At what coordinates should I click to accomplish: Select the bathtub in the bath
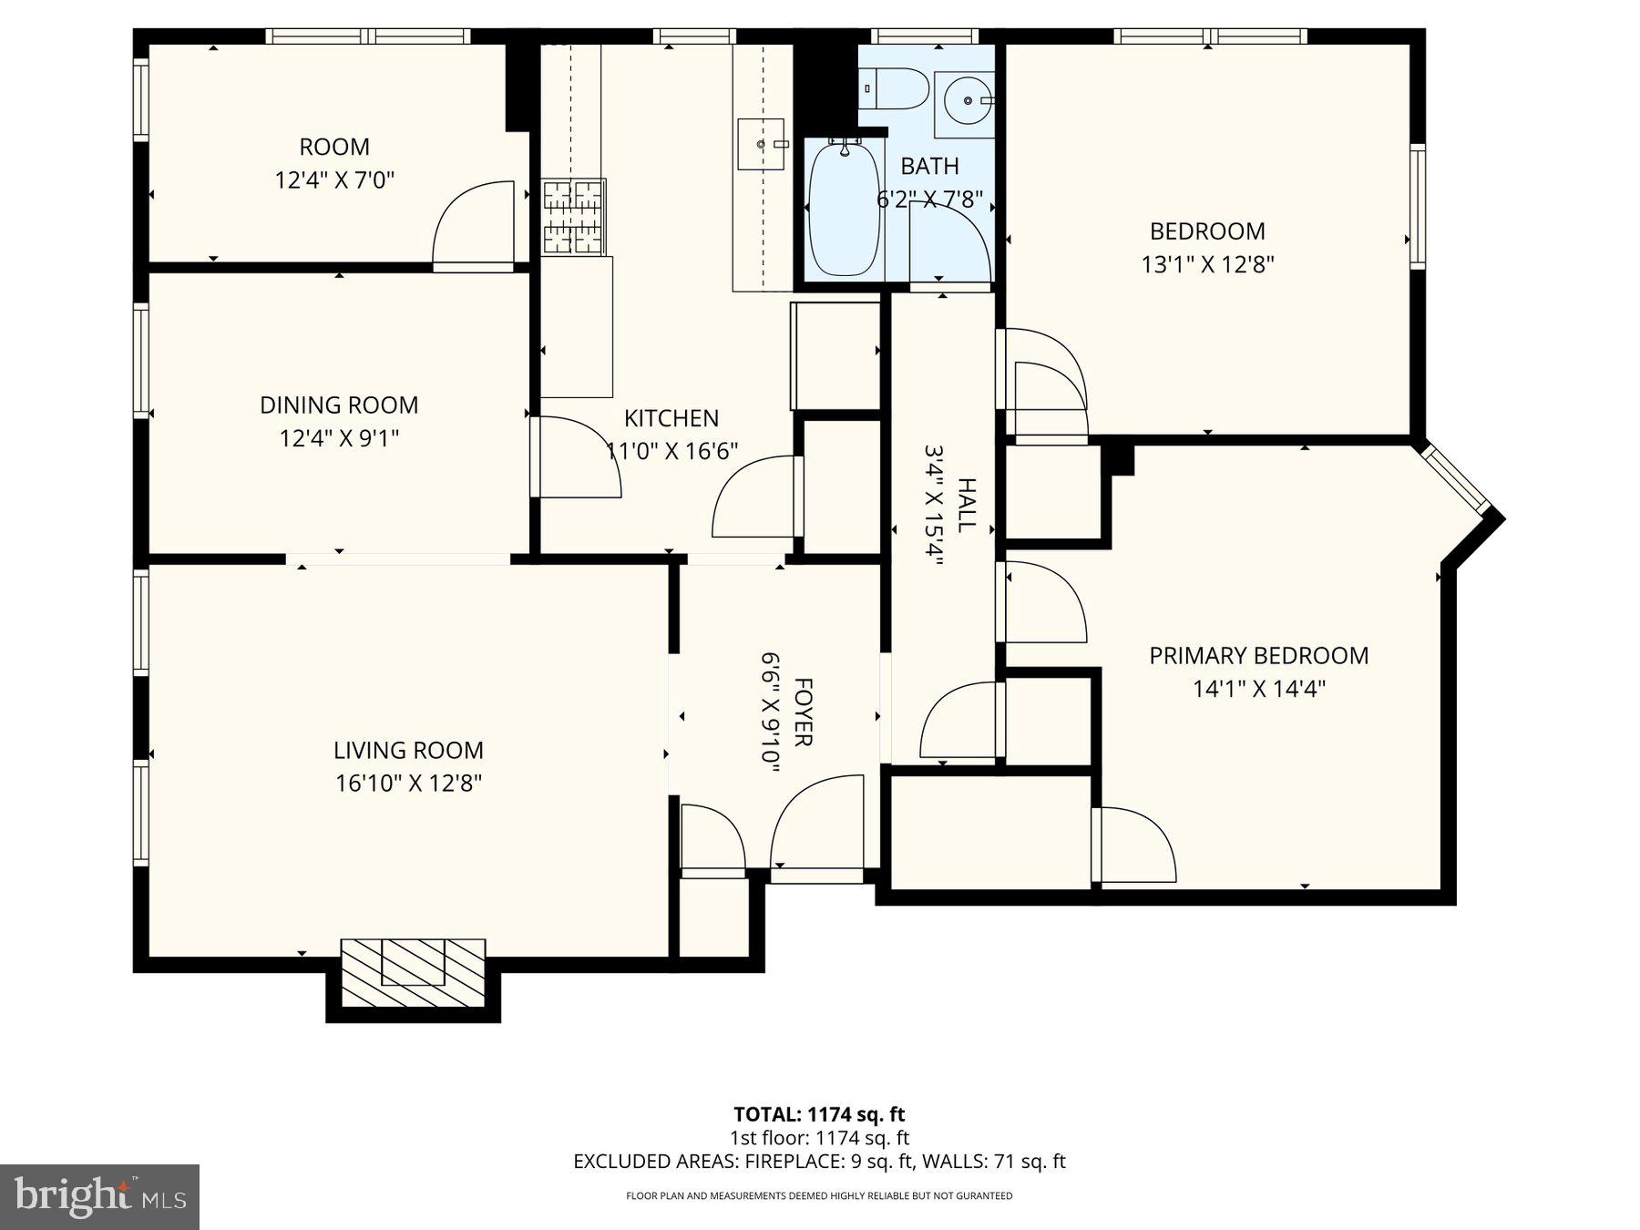point(844,209)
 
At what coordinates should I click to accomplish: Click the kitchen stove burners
point(574,217)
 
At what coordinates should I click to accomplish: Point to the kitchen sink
point(761,144)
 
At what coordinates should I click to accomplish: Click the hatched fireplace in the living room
point(413,972)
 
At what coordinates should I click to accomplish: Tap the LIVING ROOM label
point(408,750)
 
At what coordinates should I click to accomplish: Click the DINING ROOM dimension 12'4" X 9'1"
point(339,438)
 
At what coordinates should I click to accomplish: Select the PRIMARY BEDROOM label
point(1258,655)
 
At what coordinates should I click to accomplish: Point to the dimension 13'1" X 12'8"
point(1207,264)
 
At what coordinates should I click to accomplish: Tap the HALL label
point(967,504)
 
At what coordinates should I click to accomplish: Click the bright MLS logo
point(99,1196)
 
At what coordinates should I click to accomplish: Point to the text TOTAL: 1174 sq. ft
point(819,1113)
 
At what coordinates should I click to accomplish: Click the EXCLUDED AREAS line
point(819,1161)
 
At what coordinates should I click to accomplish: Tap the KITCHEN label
point(671,418)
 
